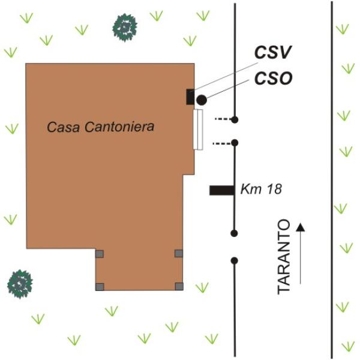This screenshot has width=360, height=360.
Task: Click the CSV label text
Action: click(273, 52)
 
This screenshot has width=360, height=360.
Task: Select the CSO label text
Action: click(274, 78)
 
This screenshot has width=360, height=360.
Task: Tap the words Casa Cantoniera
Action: click(100, 127)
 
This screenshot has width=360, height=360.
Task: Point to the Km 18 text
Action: click(261, 189)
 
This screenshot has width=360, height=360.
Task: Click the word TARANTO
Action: click(284, 257)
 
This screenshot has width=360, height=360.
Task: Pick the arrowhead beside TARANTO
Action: click(301, 227)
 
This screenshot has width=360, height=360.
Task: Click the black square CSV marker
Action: click(190, 97)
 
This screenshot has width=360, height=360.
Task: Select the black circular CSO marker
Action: click(202, 100)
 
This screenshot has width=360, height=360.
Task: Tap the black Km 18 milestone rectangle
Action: click(222, 190)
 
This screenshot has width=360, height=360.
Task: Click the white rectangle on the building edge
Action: click(197, 130)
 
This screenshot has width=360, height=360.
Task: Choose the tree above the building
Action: click(125, 28)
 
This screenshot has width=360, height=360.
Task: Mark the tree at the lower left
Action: click(20, 284)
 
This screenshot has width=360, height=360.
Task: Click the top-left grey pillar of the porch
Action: click(100, 254)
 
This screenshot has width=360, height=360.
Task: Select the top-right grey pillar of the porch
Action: click(179, 253)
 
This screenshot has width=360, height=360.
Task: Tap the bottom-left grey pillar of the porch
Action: click(100, 287)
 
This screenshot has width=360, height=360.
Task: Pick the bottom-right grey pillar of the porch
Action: click(179, 287)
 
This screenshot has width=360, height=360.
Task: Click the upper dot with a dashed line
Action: click(235, 119)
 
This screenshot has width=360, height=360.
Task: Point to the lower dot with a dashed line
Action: click(235, 143)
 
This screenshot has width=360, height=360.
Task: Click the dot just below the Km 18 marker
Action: click(234, 233)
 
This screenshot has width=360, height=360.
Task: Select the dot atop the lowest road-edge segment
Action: click(234, 260)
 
